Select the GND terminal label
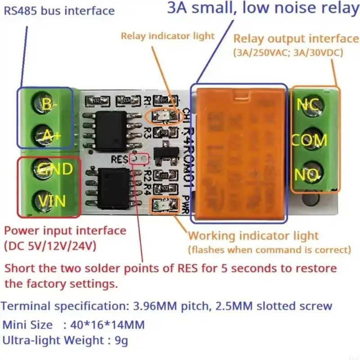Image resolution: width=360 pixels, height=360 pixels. pyautogui.click(x=54, y=169)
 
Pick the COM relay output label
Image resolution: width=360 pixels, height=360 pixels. pyautogui.click(x=309, y=140)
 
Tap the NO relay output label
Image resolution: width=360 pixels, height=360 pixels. pyautogui.click(x=307, y=175)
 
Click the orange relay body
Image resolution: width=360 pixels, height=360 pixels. pyautogui.click(x=238, y=153)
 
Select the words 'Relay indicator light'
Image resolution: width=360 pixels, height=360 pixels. pyautogui.click(x=168, y=36)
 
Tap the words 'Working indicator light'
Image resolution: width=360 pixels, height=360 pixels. pyautogui.click(x=253, y=235)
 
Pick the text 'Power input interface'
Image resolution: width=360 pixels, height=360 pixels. pyautogui.click(x=65, y=231)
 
